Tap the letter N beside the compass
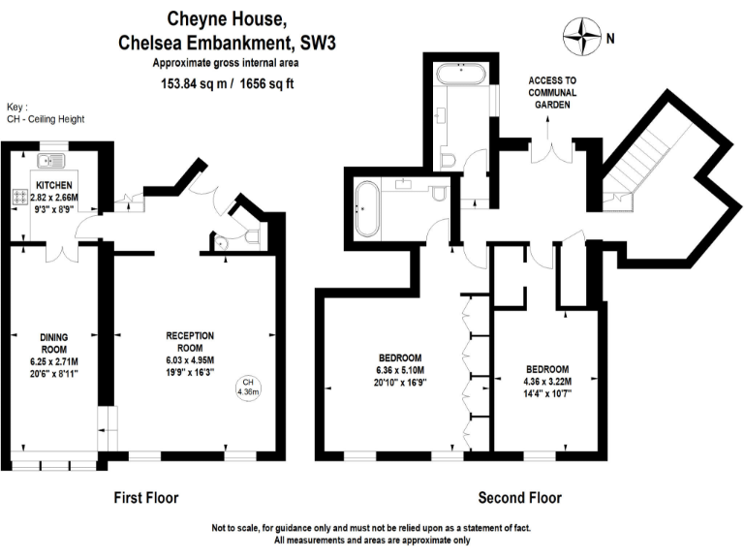click(610, 41)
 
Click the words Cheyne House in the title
click(228, 17)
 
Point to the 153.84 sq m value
click(197, 84)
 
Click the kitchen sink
click(49, 161)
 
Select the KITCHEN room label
click(54, 184)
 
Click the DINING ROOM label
click(53, 342)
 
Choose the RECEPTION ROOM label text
click(190, 341)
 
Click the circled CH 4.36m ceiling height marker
click(247, 387)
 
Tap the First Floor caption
click(146, 498)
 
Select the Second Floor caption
click(519, 498)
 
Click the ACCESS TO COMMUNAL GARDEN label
click(552, 92)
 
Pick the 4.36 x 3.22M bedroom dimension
click(546, 381)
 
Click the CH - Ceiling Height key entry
click(46, 119)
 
